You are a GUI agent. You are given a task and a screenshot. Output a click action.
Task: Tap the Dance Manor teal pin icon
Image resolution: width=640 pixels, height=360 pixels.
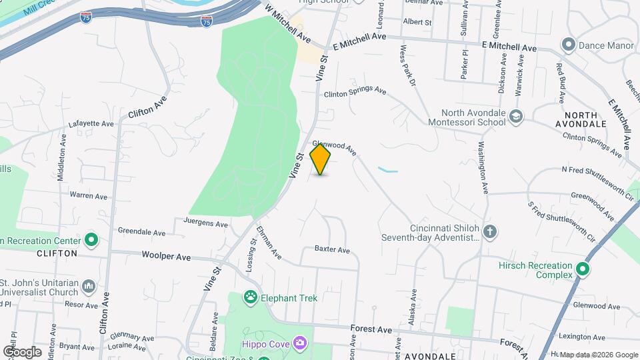coord(569,45)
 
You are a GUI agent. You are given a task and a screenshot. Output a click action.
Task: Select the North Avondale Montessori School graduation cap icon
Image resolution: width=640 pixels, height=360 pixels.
coord(515,117)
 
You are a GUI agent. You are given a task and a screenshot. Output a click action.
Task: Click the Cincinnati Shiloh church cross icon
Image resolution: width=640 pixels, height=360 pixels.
coord(490,232)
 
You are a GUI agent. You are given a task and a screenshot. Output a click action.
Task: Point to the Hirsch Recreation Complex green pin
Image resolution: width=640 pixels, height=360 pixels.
coord(583,270)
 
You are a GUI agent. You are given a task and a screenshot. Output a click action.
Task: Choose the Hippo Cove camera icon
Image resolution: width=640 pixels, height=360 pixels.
coord(301,343)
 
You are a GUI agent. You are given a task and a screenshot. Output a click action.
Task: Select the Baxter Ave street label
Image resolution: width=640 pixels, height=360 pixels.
coord(333,250)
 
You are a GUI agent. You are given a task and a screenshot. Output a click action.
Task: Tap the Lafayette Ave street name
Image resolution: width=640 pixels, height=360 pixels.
coord(91,124)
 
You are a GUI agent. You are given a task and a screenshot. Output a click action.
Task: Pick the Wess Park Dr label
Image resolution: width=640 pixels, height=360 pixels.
coord(407,65)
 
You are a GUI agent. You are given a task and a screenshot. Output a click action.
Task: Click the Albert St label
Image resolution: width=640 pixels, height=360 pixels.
coord(417,22)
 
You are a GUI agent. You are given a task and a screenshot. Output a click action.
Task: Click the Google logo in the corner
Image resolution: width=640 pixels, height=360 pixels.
coord(21,351)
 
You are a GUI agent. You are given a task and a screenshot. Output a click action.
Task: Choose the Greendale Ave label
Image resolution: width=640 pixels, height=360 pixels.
coord(141,233)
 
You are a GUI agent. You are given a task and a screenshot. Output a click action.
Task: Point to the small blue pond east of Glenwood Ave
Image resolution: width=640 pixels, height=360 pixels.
coord(387,170)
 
